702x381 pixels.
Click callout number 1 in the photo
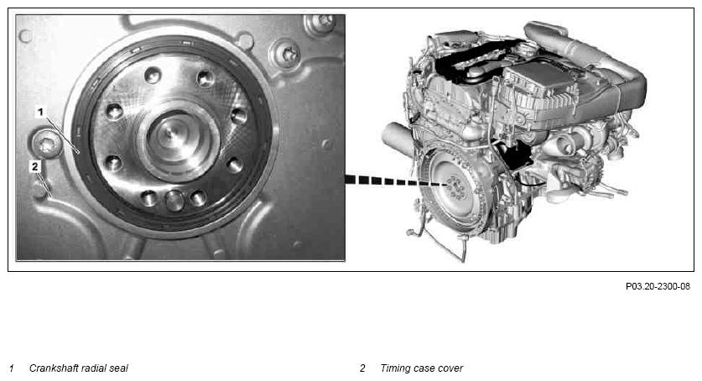point(40,112)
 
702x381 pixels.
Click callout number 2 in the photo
point(35,167)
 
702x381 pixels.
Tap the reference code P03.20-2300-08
point(658,286)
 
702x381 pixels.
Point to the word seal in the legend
point(119,368)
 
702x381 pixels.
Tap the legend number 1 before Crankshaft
point(12,368)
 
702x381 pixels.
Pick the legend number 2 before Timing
point(362,368)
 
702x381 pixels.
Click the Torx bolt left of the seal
point(47,144)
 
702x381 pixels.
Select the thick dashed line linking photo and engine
point(396,181)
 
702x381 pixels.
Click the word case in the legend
point(422,368)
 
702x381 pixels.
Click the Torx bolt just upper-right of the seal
point(287,53)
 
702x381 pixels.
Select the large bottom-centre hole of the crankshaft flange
point(174,200)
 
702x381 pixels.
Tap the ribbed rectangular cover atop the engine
point(538,85)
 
